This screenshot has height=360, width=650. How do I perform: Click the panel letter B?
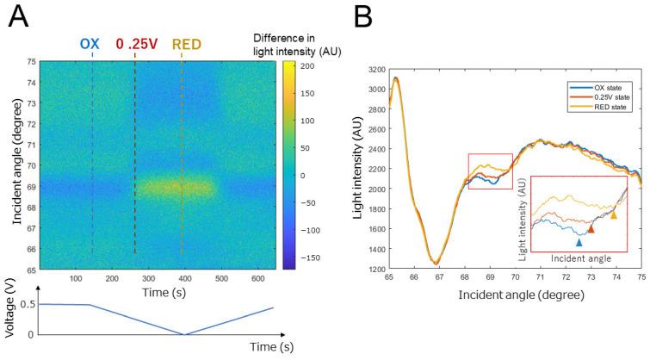point(368,17)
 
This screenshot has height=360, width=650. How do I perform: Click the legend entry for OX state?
point(602,87)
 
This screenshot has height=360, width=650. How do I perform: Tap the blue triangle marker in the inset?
point(579,244)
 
